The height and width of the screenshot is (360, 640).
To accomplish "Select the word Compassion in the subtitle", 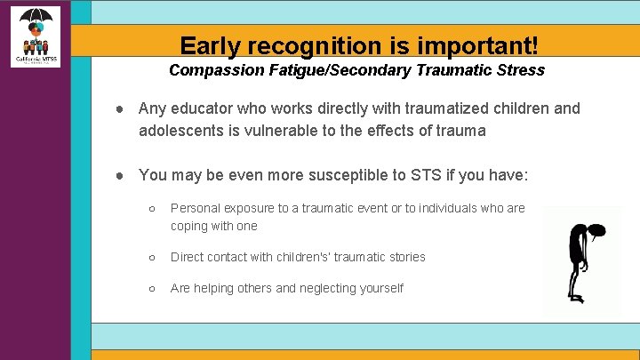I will [x=212, y=69].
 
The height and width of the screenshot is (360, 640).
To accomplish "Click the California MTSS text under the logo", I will [x=36, y=60].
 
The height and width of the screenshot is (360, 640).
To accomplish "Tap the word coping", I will [x=190, y=226].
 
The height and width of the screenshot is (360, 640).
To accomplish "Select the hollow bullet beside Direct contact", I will [x=153, y=257].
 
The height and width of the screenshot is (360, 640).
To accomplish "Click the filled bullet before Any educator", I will [x=118, y=109].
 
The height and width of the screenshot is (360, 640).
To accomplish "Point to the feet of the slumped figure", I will [x=579, y=299].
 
